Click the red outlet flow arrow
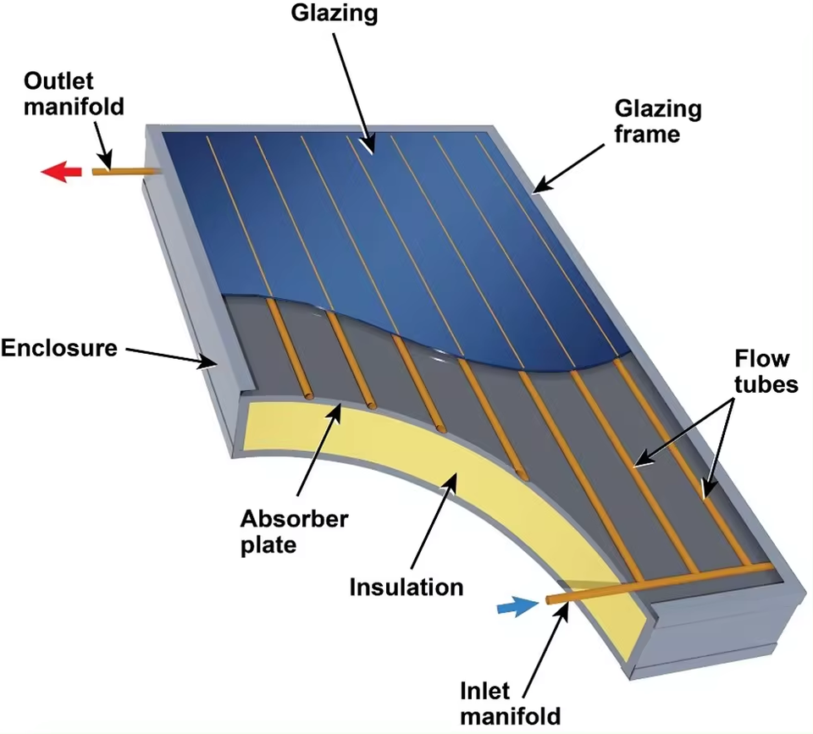[x=61, y=172]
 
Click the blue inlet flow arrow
[x=517, y=606]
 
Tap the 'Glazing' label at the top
[x=335, y=14]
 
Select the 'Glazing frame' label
[x=658, y=121]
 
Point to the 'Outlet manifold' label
[x=74, y=94]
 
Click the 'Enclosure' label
[x=59, y=348]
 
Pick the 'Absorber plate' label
[x=294, y=532]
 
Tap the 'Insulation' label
[x=406, y=588]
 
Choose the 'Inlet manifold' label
[x=510, y=704]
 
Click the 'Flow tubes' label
[x=766, y=371]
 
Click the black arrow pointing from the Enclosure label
[x=172, y=357]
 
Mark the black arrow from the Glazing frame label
[x=568, y=168]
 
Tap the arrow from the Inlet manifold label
[x=546, y=652]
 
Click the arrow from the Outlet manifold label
[x=103, y=146]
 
